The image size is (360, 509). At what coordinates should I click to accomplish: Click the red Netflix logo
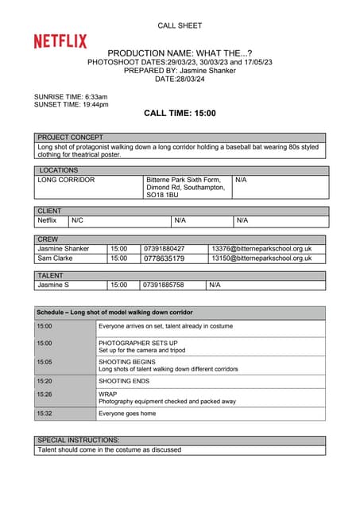pyautogui.click(x=60, y=41)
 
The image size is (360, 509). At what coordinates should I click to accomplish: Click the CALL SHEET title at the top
pyautogui.click(x=180, y=26)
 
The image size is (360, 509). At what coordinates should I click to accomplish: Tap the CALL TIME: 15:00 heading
pyautogui.click(x=180, y=113)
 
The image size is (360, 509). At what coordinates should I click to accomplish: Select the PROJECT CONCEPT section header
pyautogui.click(x=70, y=138)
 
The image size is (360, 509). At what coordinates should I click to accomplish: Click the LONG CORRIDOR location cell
pyautogui.click(x=66, y=180)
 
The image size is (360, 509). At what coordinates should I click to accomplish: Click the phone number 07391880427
pyautogui.click(x=164, y=249)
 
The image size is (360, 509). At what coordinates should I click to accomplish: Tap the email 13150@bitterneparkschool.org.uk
pyautogui.click(x=261, y=258)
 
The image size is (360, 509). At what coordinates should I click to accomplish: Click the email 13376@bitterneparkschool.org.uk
pyautogui.click(x=261, y=249)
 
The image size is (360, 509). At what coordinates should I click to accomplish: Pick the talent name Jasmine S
pyautogui.click(x=53, y=285)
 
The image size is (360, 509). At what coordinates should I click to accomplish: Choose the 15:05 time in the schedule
pyautogui.click(x=45, y=360)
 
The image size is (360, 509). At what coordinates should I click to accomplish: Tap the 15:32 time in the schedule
pyautogui.click(x=45, y=414)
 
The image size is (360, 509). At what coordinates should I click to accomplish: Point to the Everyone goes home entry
pyautogui.click(x=127, y=414)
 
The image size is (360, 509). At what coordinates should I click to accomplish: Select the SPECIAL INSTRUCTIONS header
pyautogui.click(x=79, y=440)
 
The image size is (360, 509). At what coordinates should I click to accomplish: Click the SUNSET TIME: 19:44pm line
pyautogui.click(x=72, y=104)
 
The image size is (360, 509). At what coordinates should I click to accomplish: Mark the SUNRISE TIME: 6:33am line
pyautogui.click(x=71, y=96)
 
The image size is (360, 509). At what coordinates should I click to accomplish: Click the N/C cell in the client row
pyautogui.click(x=78, y=220)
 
